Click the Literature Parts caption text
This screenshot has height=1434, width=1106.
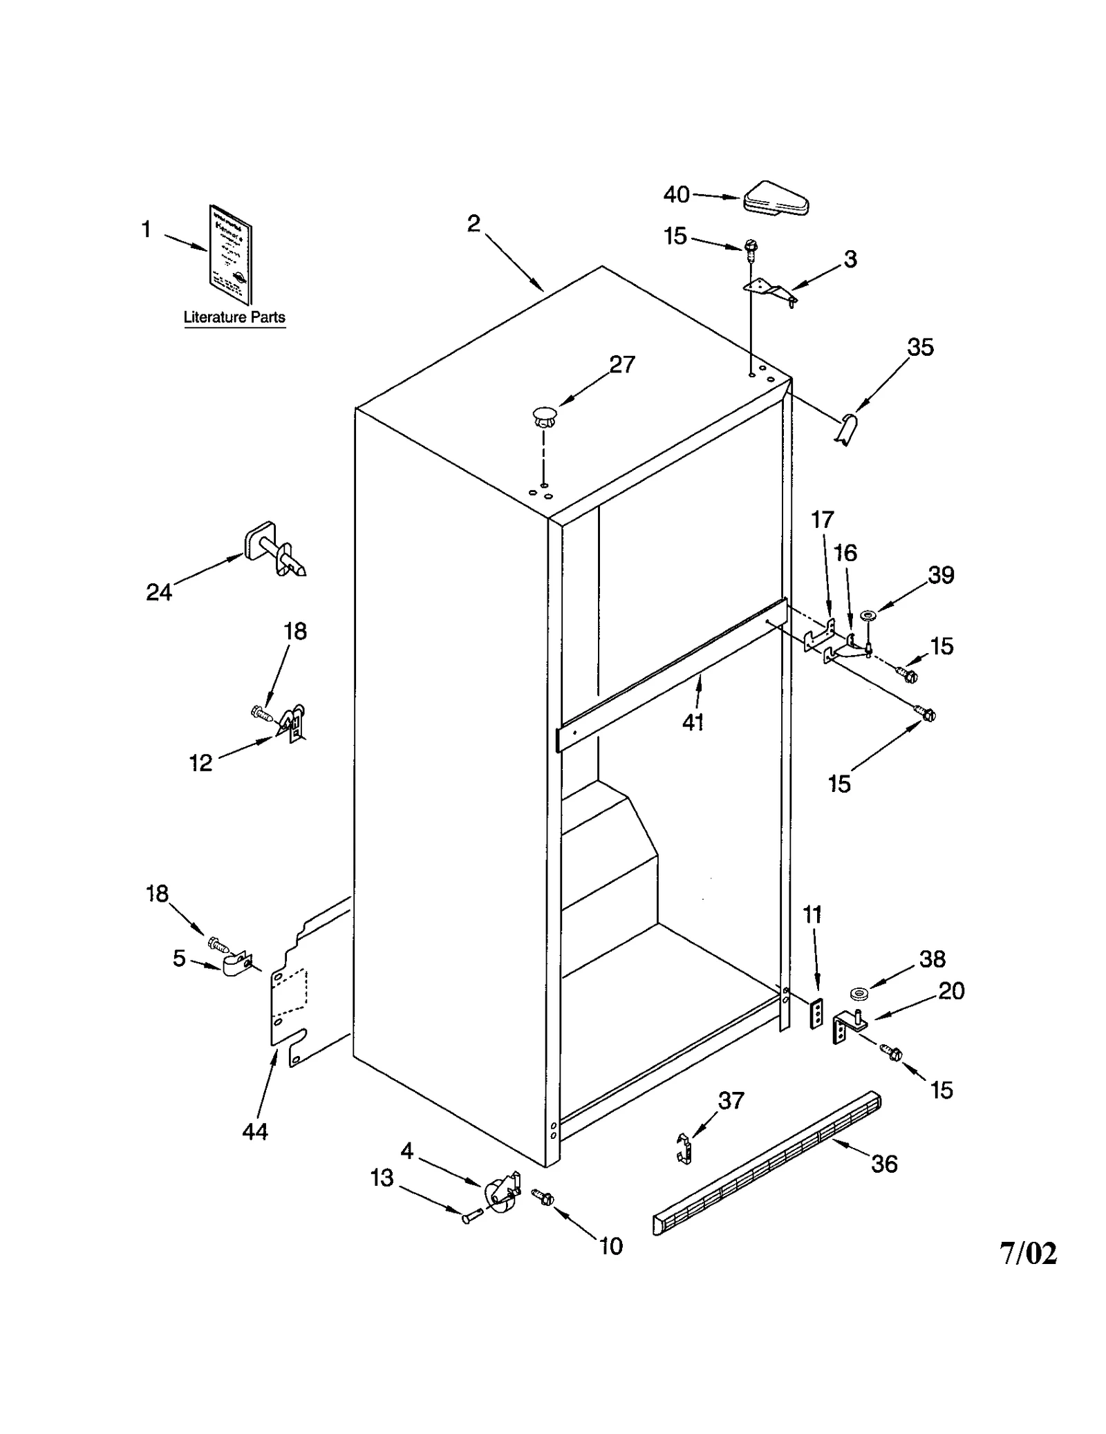(234, 317)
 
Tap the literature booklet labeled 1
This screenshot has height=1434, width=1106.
(231, 254)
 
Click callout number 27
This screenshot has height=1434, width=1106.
(621, 365)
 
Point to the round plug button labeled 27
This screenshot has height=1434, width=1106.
(544, 417)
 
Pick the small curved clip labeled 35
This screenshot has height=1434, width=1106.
(847, 429)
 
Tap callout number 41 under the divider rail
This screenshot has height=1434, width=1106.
(693, 722)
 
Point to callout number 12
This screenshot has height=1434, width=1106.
(200, 763)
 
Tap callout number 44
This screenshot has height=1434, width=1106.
(254, 1131)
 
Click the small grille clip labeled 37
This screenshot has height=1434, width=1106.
(684, 1148)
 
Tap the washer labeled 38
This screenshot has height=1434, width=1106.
(860, 994)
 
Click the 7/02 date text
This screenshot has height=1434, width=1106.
(1028, 1253)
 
